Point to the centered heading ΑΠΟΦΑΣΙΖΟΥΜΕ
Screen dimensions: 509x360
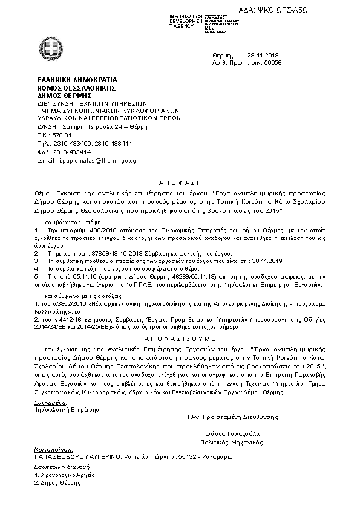[x=180, y=340]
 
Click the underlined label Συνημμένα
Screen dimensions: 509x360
[x=51, y=402]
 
